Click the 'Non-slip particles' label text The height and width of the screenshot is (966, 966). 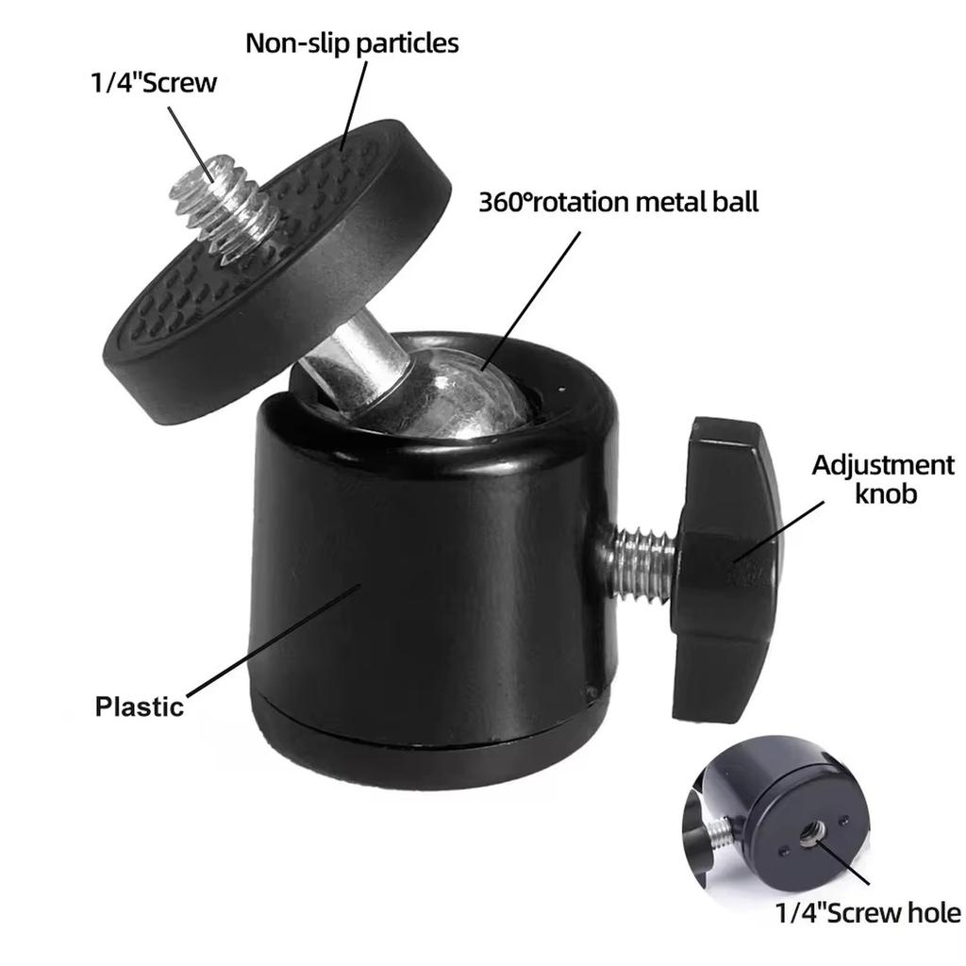click(352, 43)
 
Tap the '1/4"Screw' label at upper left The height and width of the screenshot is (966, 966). click(153, 83)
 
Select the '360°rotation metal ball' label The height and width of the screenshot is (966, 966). click(618, 202)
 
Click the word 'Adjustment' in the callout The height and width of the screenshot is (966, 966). click(883, 465)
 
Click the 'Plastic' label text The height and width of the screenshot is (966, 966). click(139, 706)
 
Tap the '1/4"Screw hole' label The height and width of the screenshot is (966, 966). click(868, 912)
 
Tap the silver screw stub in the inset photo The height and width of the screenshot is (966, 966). click(721, 831)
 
